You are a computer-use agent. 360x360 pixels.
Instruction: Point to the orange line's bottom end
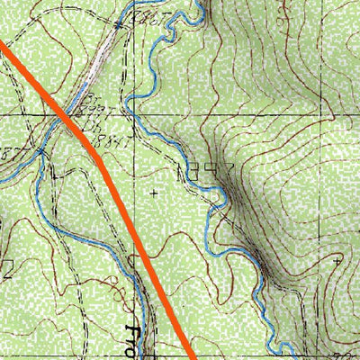191,356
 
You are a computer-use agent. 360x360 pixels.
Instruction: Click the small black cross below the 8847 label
154,193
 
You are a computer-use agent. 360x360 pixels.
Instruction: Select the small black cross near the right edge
336,261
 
